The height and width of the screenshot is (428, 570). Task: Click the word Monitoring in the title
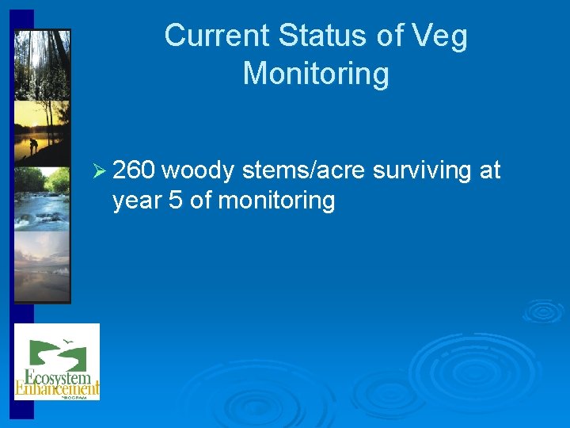[316, 75]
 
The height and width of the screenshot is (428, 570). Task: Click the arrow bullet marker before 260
[99, 170]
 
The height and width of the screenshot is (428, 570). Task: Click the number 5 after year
[177, 201]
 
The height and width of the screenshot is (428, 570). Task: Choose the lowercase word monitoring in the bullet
[276, 201]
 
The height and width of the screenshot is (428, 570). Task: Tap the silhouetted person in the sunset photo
[32, 146]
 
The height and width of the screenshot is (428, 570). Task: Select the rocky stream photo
[42, 198]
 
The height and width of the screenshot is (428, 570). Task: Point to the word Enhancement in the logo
[57, 388]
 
